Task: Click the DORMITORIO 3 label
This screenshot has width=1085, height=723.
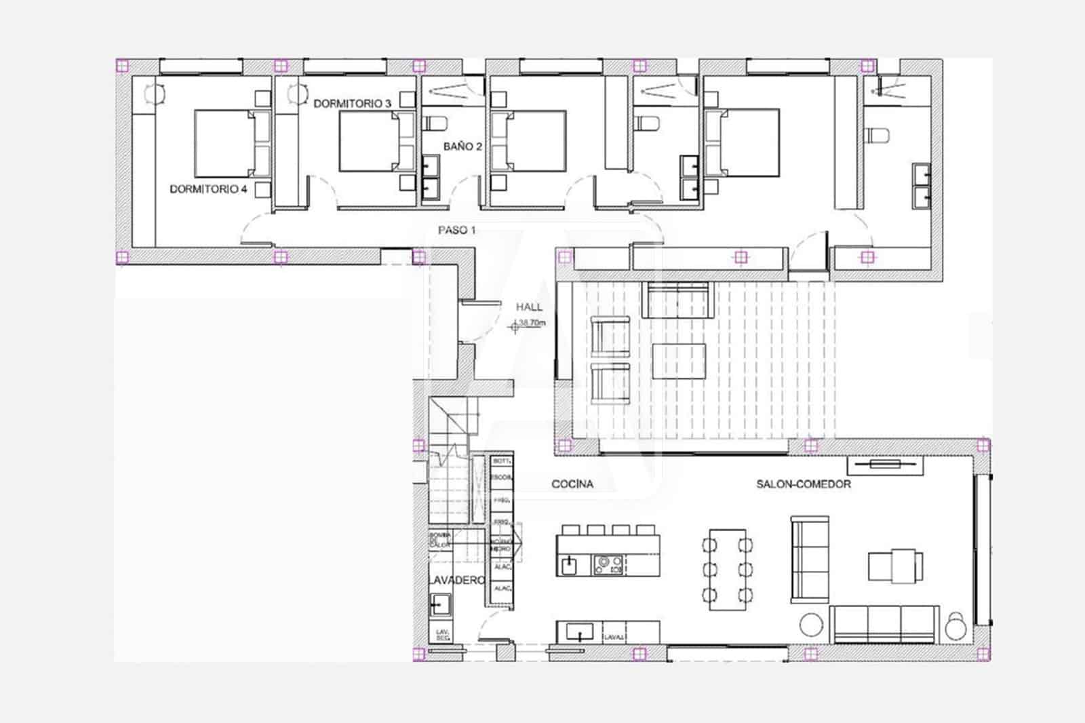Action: tap(352, 104)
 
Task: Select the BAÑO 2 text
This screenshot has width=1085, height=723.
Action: tap(462, 146)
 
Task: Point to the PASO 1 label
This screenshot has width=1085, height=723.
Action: tap(456, 230)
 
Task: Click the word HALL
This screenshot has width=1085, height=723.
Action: tap(529, 307)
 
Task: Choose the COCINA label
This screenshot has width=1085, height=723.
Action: tap(572, 484)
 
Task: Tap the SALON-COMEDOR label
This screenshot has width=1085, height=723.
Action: tap(804, 484)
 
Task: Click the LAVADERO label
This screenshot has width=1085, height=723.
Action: tap(456, 581)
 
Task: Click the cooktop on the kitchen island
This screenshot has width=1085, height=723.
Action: tap(608, 564)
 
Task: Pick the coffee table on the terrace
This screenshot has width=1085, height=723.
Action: tap(679, 361)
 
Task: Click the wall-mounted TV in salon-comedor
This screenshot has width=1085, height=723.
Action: tap(886, 465)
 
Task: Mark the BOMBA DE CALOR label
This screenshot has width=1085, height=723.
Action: tap(439, 540)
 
